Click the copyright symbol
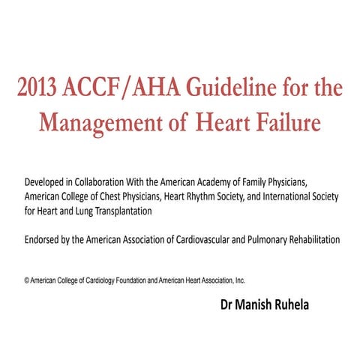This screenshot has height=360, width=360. point(26,280)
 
